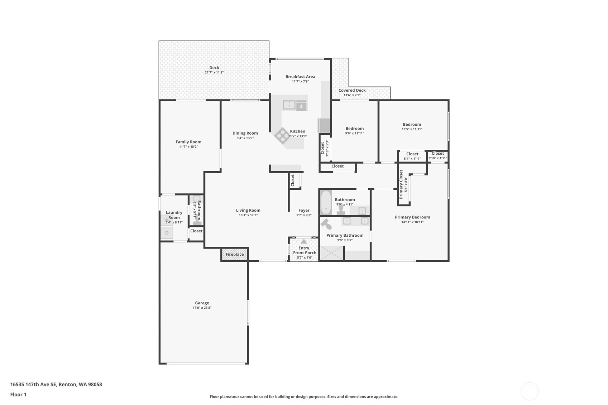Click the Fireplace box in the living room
pos(235,254)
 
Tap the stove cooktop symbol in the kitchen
pos(282,136)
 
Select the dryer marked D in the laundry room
pos(167,233)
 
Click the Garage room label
pos(202,303)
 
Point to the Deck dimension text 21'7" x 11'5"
pos(214,73)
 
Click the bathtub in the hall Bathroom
pos(326,203)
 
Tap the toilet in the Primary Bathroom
pos(326,225)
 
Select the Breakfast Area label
pos(300,77)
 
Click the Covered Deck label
pos(352,90)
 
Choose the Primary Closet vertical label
pos(401,184)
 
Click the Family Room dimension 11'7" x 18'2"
pos(188,147)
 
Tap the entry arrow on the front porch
pos(304,242)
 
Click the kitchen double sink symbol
pos(289,105)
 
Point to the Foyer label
pos(304,211)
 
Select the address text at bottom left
pos(56,385)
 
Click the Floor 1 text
pos(18,395)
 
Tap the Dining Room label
pos(245,133)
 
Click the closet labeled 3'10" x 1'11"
pos(438,156)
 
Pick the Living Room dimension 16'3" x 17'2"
pos(248,215)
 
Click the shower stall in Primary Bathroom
pos(331,253)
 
